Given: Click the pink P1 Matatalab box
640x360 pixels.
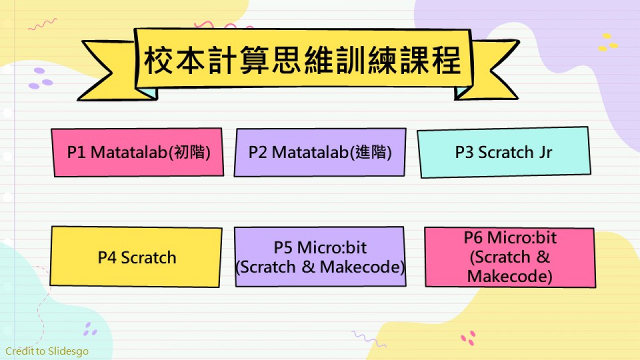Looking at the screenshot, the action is click(x=137, y=152).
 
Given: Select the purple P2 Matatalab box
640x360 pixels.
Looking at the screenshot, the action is click(x=320, y=152).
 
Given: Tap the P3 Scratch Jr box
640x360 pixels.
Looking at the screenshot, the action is click(x=504, y=152).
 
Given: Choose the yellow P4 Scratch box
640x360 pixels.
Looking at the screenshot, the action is click(x=136, y=257).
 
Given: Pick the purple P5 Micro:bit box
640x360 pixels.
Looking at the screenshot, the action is click(x=320, y=256).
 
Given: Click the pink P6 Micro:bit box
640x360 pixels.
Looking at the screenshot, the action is click(x=510, y=257).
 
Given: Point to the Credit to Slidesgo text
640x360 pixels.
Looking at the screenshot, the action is click(x=47, y=351).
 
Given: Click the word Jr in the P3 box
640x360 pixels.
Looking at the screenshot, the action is click(x=545, y=152).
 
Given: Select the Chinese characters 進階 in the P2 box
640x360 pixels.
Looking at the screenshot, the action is click(x=371, y=152).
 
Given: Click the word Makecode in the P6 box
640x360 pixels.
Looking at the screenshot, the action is click(x=507, y=276).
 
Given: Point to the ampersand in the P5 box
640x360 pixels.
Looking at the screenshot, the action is click(x=308, y=267).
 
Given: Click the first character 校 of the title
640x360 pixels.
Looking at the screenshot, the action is click(x=158, y=61).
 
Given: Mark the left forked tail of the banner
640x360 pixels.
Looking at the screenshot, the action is click(x=108, y=71).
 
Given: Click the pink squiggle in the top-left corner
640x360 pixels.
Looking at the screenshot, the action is click(x=43, y=24).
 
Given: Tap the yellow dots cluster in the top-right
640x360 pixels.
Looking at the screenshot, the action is click(x=608, y=42).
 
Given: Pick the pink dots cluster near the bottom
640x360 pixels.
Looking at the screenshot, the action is click(x=468, y=338).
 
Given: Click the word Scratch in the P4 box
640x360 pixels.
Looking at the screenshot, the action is click(x=148, y=257).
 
